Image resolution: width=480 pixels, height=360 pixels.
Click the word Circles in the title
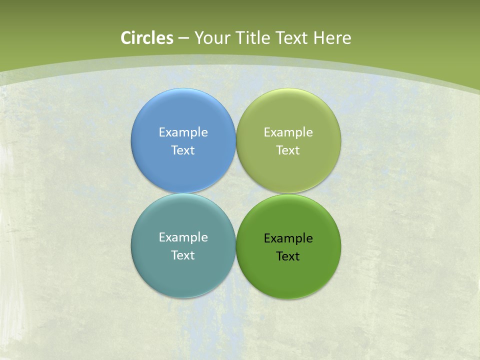[147, 38]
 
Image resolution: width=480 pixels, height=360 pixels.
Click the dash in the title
[183, 38]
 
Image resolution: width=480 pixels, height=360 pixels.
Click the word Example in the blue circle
[183, 132]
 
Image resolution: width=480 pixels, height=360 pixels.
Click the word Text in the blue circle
[183, 150]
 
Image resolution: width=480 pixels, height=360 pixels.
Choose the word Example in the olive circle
[288, 132]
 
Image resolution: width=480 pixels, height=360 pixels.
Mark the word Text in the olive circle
[288, 150]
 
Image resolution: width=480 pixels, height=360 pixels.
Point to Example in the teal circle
[183, 237]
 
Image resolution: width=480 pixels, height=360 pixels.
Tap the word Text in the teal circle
[183, 255]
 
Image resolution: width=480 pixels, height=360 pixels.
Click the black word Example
[288, 238]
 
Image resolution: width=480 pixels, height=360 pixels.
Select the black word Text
[288, 256]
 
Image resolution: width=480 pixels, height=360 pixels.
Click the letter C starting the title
[126, 38]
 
